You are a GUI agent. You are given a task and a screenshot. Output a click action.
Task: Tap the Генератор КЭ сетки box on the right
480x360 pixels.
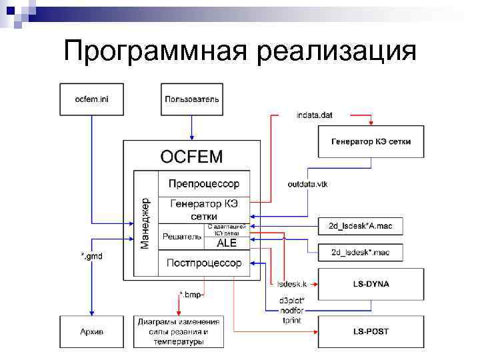tap(371, 141)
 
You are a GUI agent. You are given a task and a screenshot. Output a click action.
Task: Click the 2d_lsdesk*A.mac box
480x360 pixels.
tap(360, 226)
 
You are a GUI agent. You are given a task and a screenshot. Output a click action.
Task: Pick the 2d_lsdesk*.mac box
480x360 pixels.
tap(360, 252)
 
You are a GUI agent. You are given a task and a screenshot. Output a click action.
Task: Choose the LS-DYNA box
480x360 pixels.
tap(371, 284)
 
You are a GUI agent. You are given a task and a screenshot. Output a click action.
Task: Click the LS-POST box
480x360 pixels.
tap(371, 331)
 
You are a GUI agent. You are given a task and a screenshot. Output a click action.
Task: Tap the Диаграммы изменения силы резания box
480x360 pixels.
tap(178, 331)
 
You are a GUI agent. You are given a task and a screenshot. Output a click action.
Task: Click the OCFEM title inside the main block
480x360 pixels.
tap(191, 157)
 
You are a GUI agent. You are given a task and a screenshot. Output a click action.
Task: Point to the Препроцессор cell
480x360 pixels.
tap(203, 184)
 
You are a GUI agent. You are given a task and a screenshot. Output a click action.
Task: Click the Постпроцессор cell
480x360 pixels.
tap(203, 263)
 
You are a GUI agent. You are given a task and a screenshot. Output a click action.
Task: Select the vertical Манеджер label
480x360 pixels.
tap(145, 223)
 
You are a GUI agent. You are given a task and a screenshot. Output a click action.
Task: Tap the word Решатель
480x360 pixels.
tap(181, 236)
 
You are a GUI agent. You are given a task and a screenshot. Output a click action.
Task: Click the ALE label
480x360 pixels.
tap(227, 243)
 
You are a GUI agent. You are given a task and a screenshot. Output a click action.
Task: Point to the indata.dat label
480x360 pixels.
tap(314, 115)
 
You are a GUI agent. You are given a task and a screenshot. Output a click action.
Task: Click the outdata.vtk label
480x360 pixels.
tap(307, 183)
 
